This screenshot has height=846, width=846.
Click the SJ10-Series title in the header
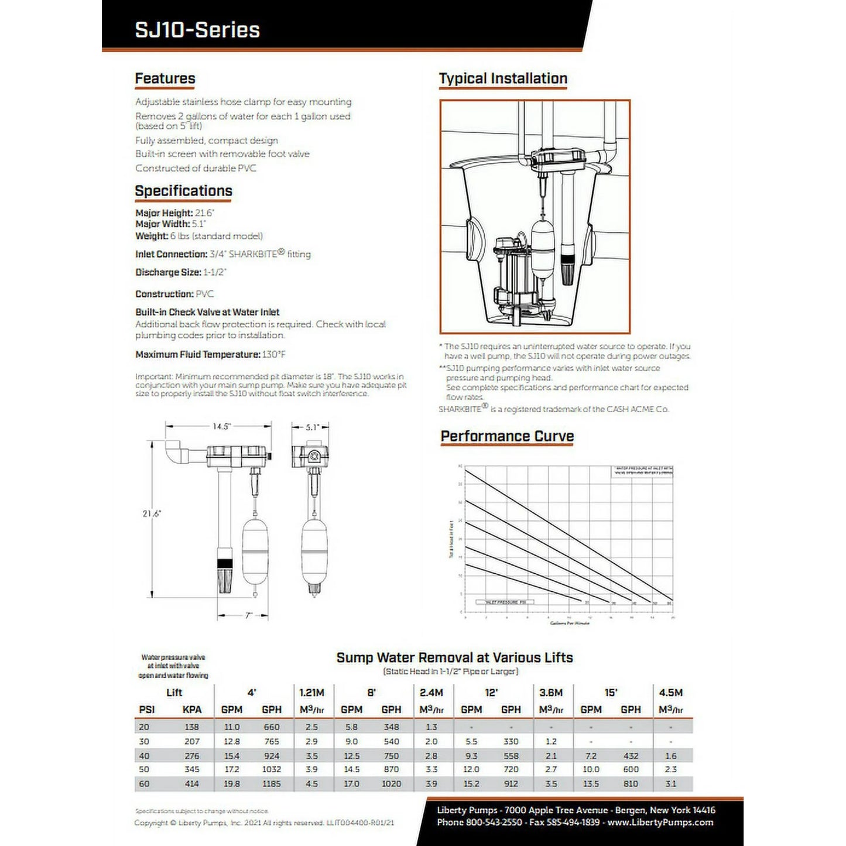click(x=197, y=30)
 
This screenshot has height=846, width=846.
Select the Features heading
click(x=165, y=78)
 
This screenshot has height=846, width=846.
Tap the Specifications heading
click(x=183, y=191)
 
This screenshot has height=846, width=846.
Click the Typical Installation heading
click(x=503, y=78)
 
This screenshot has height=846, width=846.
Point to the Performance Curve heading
click(x=507, y=436)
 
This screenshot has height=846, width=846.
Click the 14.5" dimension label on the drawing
click(x=221, y=426)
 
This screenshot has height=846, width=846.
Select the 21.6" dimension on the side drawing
click(x=152, y=513)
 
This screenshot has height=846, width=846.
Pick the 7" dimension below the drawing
click(x=249, y=615)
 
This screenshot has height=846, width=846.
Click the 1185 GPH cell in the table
click(x=272, y=783)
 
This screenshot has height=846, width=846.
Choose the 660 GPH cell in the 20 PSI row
click(x=272, y=727)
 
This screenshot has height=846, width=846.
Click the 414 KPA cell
click(x=191, y=783)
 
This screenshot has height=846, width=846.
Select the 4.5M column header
click(x=670, y=693)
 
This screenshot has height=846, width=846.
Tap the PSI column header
click(x=147, y=710)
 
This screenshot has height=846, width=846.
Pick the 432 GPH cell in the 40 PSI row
click(x=631, y=756)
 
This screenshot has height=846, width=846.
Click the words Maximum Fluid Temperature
click(x=197, y=355)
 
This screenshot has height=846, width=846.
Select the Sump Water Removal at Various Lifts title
click(x=454, y=657)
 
